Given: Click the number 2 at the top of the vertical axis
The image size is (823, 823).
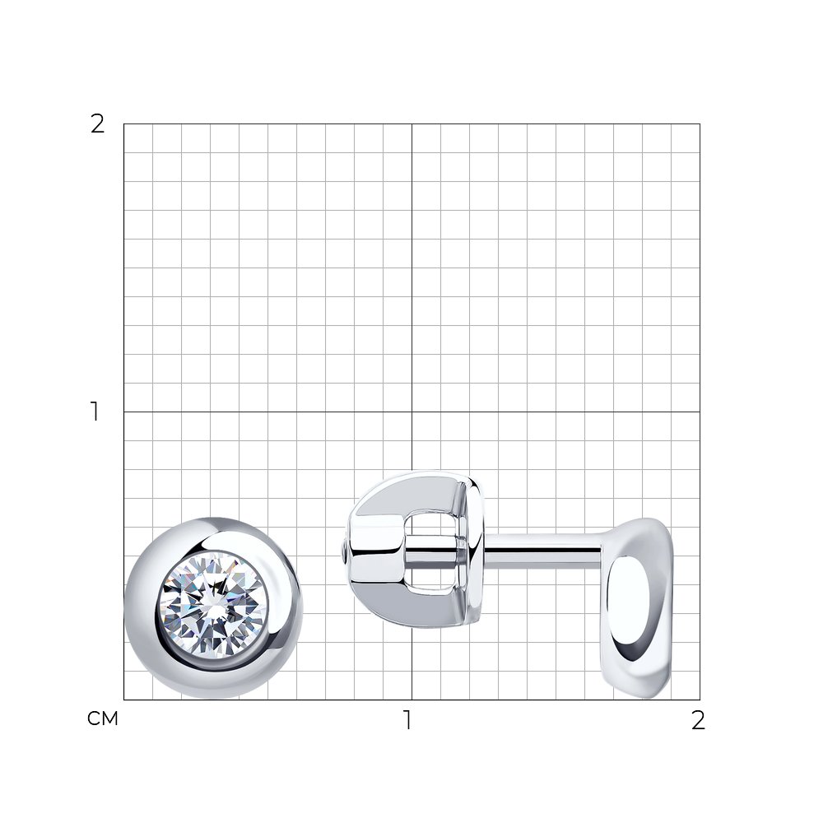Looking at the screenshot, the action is tap(98, 124).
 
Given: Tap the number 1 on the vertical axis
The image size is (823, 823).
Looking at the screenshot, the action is tap(95, 411).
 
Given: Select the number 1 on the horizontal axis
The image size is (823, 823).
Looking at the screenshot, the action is tap(407, 720).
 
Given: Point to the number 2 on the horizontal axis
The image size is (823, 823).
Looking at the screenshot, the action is tap(698, 720).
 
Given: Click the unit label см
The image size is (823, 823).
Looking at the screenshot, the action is tap(103, 718).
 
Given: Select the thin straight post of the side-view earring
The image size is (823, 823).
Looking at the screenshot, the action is tap(543, 551).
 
